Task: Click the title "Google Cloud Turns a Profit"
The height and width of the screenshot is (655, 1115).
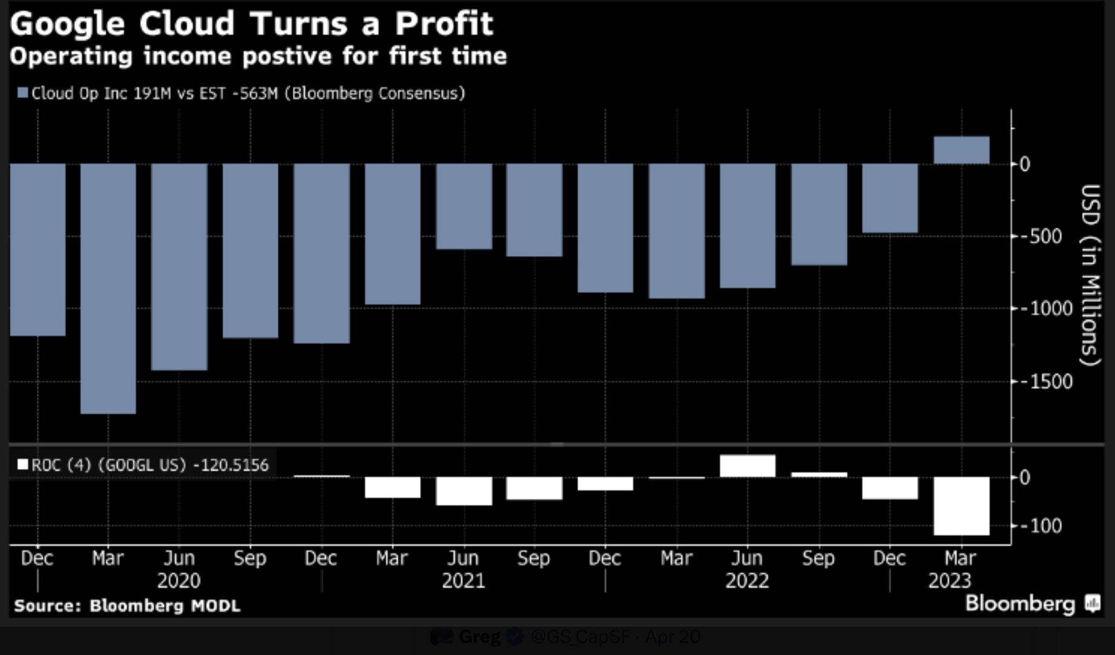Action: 251,24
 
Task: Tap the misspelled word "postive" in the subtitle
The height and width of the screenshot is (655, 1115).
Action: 288,56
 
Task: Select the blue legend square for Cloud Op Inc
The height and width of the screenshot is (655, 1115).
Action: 23,93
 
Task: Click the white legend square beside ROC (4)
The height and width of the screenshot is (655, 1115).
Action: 23,465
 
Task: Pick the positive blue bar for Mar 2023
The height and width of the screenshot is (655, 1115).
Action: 961,150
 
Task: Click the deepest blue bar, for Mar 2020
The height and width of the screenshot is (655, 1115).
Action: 108,288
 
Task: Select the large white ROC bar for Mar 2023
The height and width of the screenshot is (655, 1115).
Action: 961,505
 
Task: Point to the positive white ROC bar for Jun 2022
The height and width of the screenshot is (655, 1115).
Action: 748,466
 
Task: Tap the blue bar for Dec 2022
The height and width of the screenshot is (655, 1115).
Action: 890,198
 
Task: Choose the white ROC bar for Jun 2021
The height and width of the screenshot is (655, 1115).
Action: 464,491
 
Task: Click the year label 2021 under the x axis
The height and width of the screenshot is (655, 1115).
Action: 463,581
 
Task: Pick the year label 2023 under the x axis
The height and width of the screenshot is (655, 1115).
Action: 949,581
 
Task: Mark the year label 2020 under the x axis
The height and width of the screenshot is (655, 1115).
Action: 179,581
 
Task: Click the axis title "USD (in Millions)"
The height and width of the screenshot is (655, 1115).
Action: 1090,275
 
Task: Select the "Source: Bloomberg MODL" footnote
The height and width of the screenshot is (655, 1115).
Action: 127,606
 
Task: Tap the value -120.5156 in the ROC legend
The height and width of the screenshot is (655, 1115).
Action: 231,465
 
